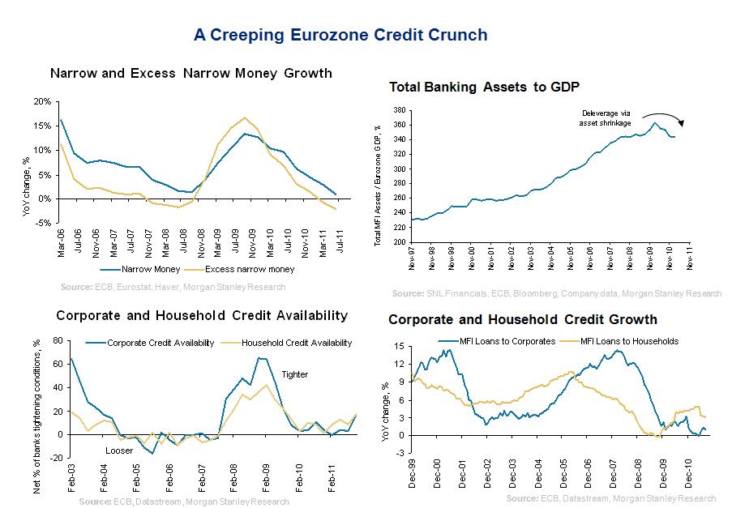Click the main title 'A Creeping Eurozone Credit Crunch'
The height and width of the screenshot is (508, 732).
click(340, 35)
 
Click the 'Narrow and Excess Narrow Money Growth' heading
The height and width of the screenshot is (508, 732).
click(190, 73)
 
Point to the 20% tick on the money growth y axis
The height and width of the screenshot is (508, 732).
click(43, 101)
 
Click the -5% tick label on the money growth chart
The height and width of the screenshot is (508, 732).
click(44, 223)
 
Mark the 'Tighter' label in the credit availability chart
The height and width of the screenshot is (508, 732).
click(294, 374)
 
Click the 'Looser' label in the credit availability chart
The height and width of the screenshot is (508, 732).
click(120, 450)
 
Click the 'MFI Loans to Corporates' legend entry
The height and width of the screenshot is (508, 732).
click(496, 341)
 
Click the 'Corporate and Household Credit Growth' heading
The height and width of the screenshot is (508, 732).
click(523, 319)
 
